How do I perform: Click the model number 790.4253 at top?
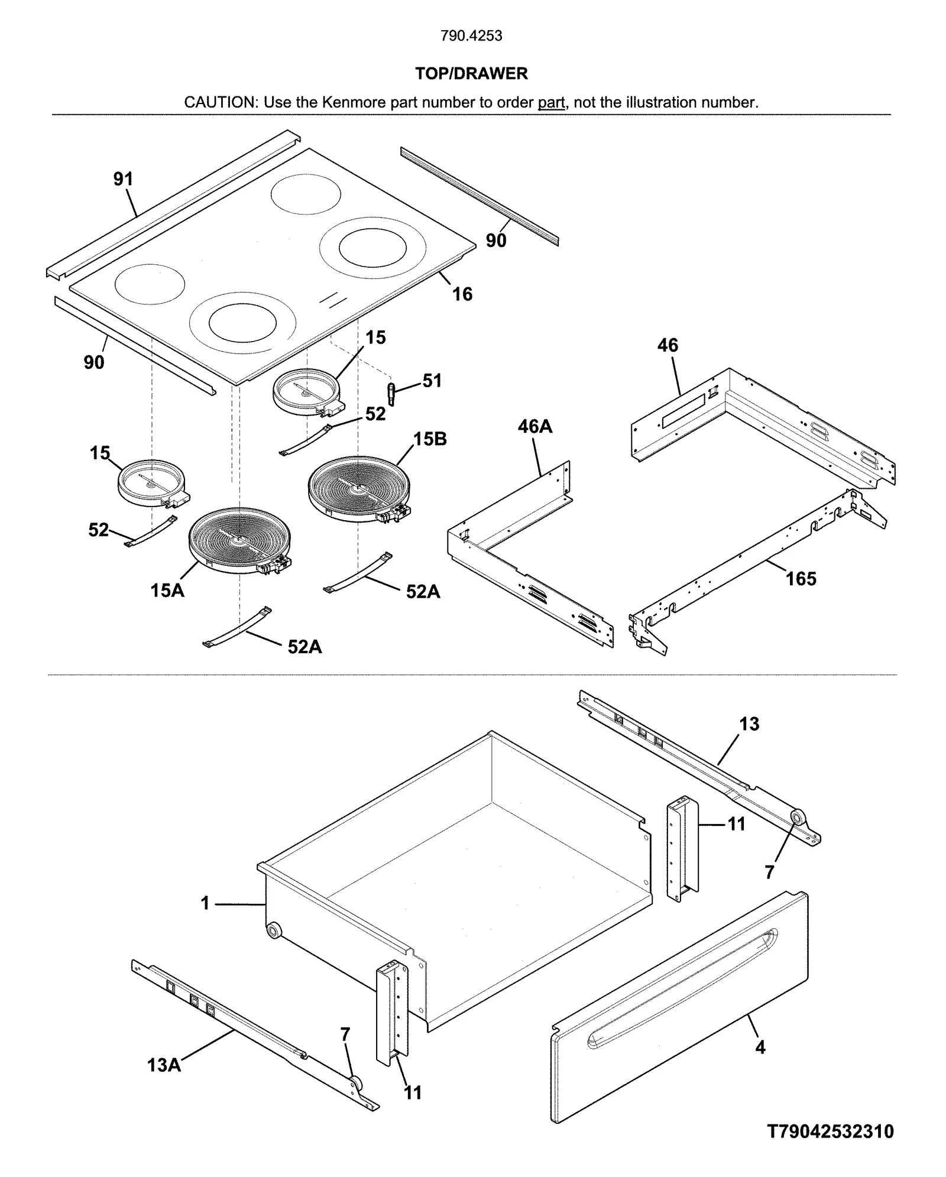coord(471,36)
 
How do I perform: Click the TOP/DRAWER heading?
coord(471,74)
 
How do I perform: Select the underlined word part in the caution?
coord(551,102)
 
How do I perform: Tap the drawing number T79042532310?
coord(830,1131)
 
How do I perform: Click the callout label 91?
coord(124,179)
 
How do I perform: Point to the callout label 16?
coord(462,294)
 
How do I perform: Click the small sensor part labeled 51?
coord(391,393)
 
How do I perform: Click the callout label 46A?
coord(534,426)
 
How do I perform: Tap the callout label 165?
coord(801,579)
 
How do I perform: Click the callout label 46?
coord(668,345)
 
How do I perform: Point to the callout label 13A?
coord(164,1065)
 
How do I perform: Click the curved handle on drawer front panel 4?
coord(680,980)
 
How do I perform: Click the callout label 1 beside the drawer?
coord(205,903)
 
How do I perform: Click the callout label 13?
coord(749,724)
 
